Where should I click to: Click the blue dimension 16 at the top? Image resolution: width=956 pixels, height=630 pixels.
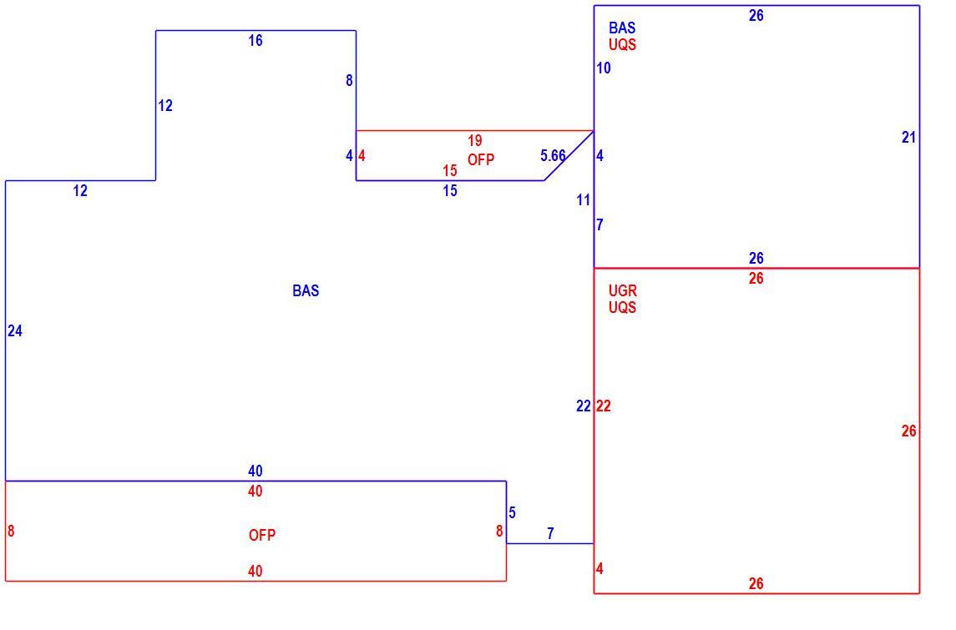click(x=255, y=40)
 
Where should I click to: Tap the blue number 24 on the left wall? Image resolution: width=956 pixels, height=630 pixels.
click(x=15, y=330)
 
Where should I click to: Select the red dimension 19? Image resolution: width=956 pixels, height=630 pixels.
click(x=475, y=141)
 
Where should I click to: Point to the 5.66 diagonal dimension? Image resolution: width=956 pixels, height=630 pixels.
click(x=553, y=155)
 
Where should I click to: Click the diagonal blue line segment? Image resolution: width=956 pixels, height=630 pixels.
click(x=569, y=155)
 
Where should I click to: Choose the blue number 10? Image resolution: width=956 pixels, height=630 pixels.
click(x=604, y=68)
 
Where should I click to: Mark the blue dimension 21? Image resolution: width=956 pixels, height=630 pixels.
click(x=908, y=138)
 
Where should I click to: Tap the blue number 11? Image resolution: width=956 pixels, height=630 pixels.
click(x=584, y=199)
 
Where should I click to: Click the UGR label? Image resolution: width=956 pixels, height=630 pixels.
click(x=623, y=290)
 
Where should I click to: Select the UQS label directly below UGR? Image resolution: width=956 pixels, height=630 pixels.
click(x=623, y=307)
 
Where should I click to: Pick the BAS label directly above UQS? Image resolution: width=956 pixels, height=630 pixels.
click(x=622, y=28)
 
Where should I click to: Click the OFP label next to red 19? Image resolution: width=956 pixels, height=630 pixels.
click(x=481, y=159)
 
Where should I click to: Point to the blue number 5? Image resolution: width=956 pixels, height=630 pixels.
click(x=512, y=513)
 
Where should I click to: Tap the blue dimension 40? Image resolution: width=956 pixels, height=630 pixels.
click(x=255, y=471)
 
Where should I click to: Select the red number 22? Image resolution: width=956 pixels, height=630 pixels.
click(x=604, y=406)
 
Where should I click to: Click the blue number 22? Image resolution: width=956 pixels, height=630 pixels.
click(x=584, y=406)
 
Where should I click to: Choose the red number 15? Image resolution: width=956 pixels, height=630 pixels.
click(x=450, y=170)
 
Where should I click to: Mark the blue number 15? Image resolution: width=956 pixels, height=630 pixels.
click(x=450, y=191)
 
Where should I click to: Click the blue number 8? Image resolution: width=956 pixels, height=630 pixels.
click(x=349, y=80)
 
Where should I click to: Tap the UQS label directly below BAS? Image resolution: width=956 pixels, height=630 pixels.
click(x=623, y=44)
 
